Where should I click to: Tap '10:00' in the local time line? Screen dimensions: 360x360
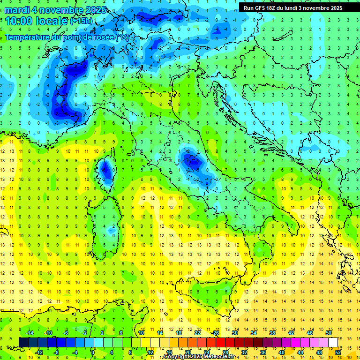[19, 21]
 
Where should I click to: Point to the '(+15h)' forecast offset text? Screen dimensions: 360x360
[81, 21]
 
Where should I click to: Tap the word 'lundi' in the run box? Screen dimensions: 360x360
[298, 7]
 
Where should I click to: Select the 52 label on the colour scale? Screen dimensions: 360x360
[337, 352]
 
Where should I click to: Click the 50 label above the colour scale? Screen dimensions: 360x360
[328, 333]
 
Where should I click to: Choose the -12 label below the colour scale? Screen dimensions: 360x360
[39, 352]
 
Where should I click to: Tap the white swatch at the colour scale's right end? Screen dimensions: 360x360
[333, 342]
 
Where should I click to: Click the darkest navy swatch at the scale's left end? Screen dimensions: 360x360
[23, 342]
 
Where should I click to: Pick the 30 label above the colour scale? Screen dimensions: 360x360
[234, 333]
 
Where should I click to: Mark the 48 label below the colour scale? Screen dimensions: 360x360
[319, 352]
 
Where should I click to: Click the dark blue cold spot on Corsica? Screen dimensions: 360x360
[106, 170]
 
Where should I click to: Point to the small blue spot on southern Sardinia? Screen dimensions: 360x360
[111, 230]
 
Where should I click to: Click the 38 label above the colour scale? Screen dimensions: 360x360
[272, 333]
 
